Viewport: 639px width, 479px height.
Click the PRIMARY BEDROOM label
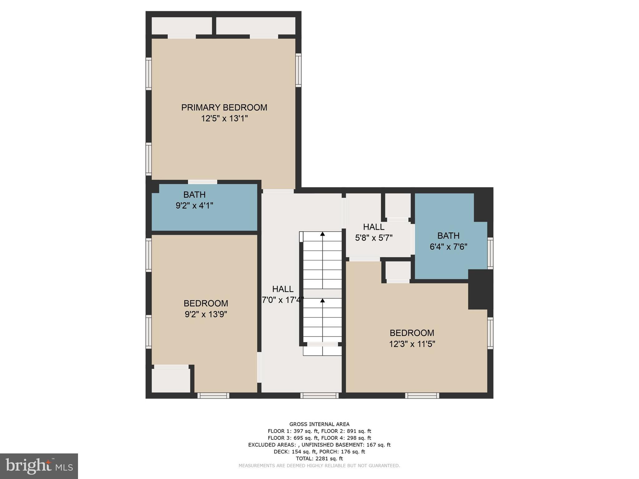(224, 108)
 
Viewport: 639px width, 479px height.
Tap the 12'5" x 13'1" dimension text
(224, 119)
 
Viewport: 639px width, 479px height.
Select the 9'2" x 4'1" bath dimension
(194, 206)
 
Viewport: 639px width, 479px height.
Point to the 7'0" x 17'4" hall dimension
(283, 300)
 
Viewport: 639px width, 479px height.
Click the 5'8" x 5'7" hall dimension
(373, 238)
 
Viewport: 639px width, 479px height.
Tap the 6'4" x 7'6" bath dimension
(448, 247)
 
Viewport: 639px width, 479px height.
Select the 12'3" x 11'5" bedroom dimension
(412, 344)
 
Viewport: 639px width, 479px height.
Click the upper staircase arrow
(322, 234)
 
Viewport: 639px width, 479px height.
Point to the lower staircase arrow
(322, 301)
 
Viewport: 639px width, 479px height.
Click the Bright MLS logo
(39, 466)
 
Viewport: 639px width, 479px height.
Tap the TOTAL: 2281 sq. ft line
(319, 458)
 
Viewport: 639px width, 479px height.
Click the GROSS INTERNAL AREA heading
(319, 424)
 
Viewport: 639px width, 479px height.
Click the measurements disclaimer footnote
(319, 466)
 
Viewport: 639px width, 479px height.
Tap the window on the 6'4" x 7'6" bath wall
(490, 253)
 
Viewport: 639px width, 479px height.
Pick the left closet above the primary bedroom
(182, 26)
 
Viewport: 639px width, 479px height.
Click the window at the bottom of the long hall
(319, 395)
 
